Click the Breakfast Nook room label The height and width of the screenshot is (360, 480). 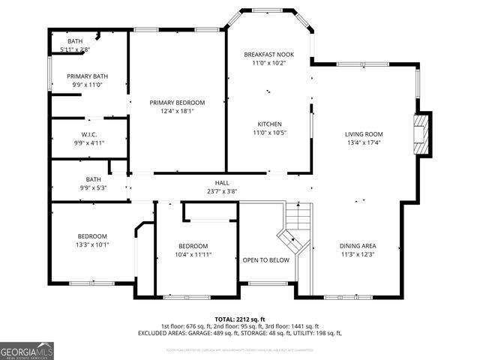(268, 54)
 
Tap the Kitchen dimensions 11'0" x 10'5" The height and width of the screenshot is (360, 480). (268, 133)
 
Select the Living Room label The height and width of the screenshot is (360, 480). (364, 133)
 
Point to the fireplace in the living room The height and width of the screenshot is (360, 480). (424, 135)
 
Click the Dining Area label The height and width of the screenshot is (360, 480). (358, 246)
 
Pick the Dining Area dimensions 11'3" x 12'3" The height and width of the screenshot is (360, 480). (358, 255)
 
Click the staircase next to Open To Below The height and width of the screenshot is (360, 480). (295, 229)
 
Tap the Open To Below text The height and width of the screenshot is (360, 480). (265, 260)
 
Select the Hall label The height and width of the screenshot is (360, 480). (223, 183)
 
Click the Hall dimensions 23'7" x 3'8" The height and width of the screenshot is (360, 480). (223, 191)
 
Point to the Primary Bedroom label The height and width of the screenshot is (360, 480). (177, 103)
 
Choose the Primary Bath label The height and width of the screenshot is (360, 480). (87, 76)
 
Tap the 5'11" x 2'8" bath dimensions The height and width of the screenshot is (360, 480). (75, 49)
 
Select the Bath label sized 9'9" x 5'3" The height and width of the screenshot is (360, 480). (93, 179)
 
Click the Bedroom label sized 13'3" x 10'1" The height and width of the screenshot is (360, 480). (92, 235)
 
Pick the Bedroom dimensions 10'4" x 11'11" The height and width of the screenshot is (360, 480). (193, 255)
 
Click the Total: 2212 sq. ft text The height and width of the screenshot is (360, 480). (239, 319)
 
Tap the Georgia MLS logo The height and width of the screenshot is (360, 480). (27, 350)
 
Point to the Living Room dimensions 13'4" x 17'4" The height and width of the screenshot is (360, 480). (364, 142)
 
